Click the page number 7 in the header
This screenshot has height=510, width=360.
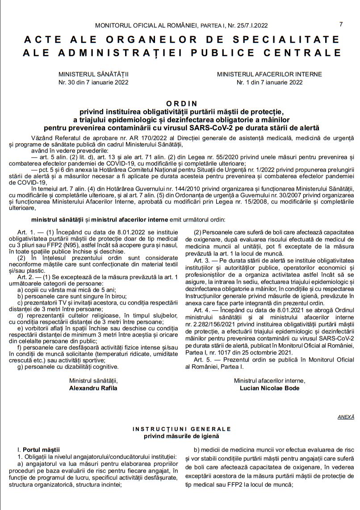pos(341,24)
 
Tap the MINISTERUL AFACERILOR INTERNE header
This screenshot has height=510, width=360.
pos(269,74)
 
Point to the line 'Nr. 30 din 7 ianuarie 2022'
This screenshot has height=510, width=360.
pos(93,82)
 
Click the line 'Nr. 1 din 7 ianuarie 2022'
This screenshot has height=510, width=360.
pos(269,82)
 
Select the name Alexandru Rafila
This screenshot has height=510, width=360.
pos(93,388)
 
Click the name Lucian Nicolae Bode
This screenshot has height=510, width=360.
pos(269,388)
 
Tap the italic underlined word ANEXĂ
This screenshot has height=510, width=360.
pos(346,417)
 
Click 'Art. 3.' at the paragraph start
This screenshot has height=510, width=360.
pos(202,260)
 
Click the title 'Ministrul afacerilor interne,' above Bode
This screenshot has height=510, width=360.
pos(269,380)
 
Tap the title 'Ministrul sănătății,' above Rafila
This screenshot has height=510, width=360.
pos(93,380)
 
